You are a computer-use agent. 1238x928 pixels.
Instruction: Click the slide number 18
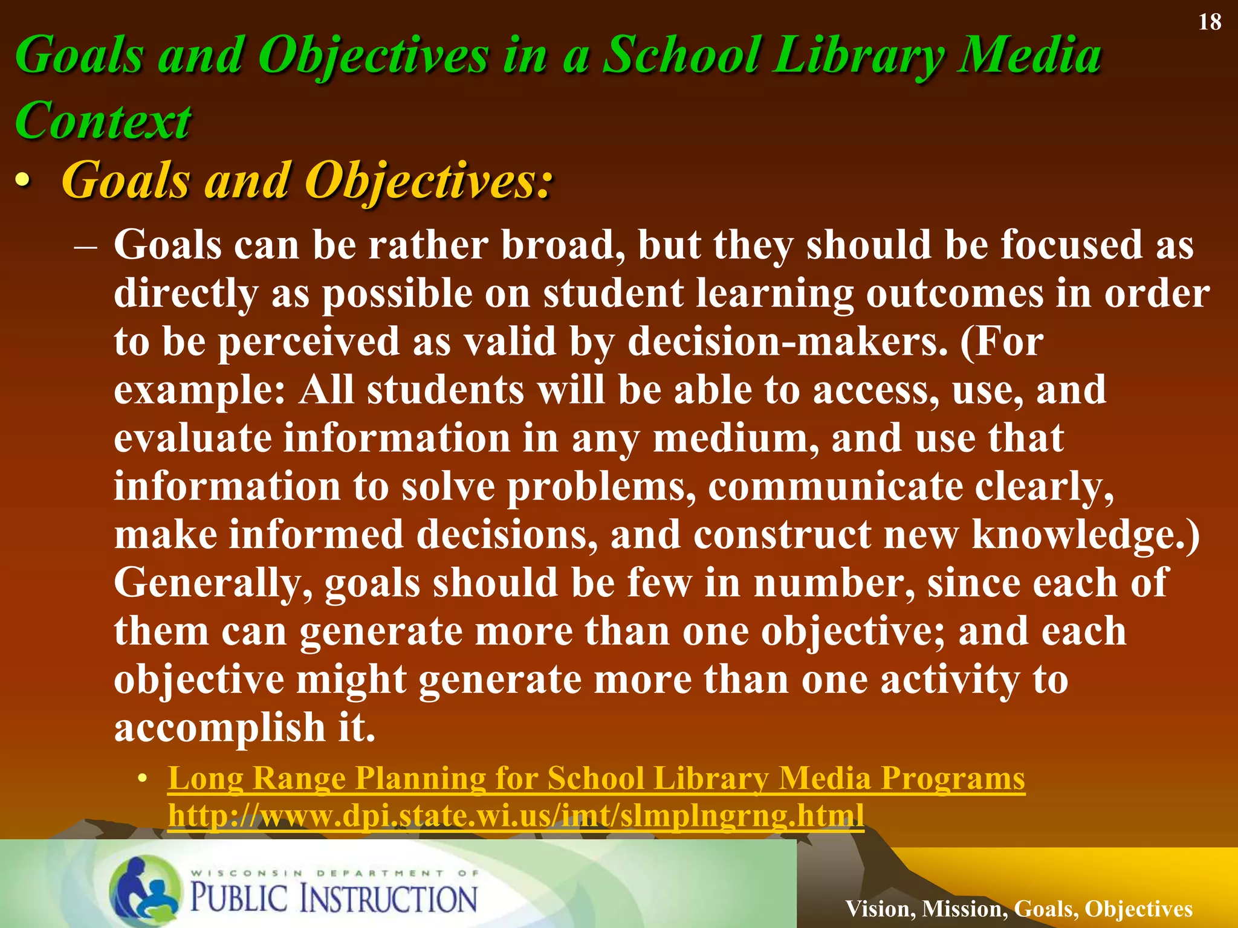point(1210,22)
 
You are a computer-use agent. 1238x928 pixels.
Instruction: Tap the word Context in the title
point(103,121)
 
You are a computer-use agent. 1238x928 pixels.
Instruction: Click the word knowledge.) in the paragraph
point(1086,535)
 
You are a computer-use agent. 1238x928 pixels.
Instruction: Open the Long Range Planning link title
point(596,778)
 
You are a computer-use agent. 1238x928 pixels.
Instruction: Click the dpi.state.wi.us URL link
point(516,816)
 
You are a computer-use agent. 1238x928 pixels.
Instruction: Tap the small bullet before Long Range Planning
point(141,779)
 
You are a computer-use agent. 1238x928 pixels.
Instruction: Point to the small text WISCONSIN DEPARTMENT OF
point(335,872)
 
